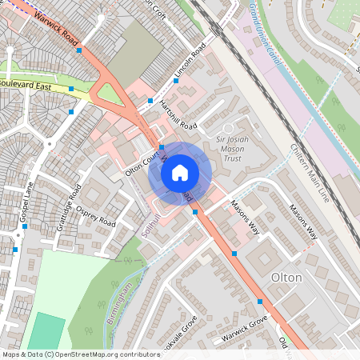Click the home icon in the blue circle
coord(180,172)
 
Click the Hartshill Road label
coord(178,115)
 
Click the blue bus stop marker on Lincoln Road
coord(176,81)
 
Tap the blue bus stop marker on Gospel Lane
coord(26,226)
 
